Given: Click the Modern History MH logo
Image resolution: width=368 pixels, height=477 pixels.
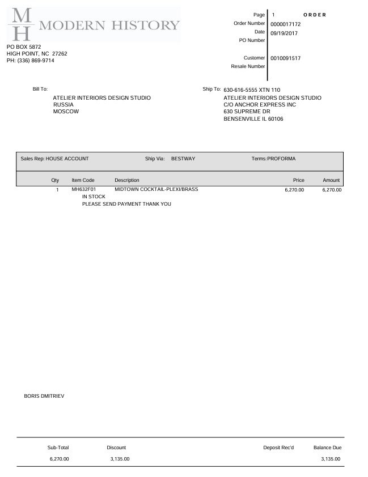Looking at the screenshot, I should click(94, 24).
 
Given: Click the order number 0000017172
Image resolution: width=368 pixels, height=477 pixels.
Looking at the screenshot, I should click(285, 24).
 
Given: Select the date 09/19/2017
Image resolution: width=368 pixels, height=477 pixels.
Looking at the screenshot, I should click(284, 33).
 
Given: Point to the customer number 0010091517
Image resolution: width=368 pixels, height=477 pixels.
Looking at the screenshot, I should click(285, 58).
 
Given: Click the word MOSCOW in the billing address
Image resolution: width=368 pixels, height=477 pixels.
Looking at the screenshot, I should click(66, 112).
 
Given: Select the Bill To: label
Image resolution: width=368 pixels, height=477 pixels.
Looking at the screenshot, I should click(40, 90).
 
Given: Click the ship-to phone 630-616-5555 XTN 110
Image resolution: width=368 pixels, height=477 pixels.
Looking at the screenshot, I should click(252, 90).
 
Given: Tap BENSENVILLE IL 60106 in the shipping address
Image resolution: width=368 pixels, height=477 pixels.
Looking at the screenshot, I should click(253, 119).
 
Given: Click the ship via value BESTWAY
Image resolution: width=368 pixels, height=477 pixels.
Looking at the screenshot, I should click(183, 159).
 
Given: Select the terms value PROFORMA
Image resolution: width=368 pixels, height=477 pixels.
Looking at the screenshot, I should click(281, 159).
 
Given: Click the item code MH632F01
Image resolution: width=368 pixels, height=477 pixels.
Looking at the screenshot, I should click(84, 189).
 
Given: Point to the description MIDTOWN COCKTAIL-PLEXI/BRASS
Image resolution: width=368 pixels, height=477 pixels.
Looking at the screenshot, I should click(156, 189).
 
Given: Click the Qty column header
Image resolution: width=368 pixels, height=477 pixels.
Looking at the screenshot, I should click(55, 180).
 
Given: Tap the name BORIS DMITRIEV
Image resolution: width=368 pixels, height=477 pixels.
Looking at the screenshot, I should click(44, 396).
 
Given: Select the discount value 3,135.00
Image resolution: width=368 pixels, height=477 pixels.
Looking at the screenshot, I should click(120, 459).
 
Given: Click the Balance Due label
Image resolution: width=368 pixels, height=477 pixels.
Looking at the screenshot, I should click(327, 448).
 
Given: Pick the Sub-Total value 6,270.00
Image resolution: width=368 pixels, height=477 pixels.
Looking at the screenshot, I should click(59, 459).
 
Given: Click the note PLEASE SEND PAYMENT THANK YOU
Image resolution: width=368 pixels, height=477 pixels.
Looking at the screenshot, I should click(126, 204).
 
